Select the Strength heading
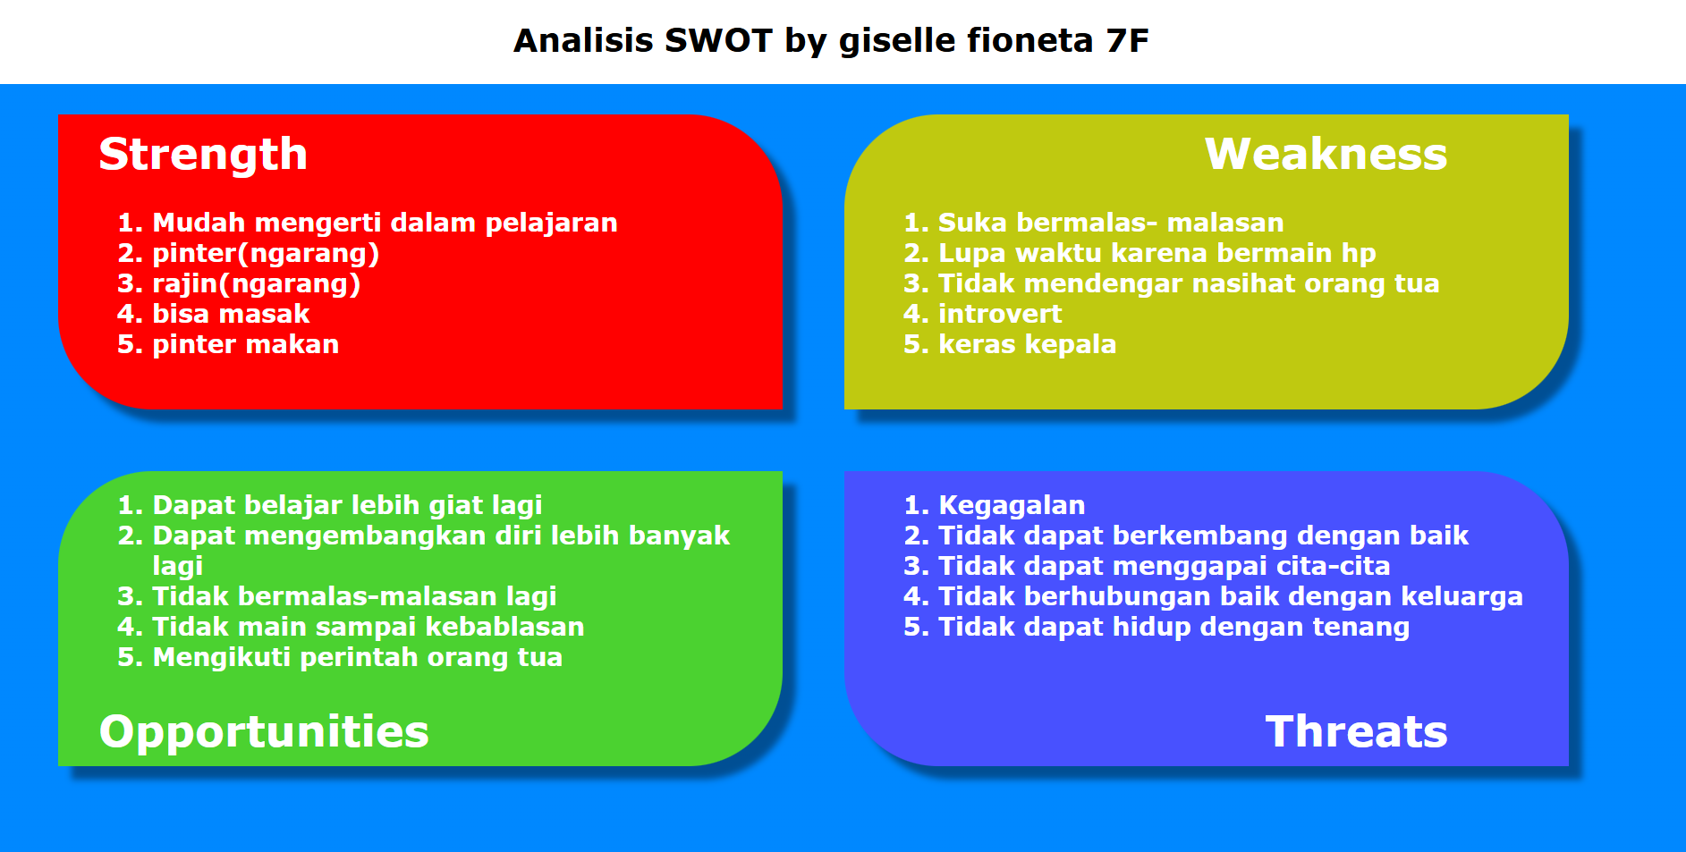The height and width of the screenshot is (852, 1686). click(x=203, y=154)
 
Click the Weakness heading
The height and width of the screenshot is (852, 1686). click(x=1326, y=154)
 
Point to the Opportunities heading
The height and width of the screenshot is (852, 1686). click(x=264, y=731)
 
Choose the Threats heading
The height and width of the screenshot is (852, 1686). click(x=1356, y=731)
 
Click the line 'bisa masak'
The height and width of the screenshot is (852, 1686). click(x=231, y=314)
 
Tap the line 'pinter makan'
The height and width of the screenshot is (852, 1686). click(x=245, y=344)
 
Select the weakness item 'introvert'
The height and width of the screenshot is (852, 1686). click(x=999, y=314)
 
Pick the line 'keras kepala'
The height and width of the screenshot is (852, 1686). click(x=1027, y=344)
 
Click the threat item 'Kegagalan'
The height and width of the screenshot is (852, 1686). click(x=1011, y=505)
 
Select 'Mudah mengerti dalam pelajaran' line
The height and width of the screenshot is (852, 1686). click(x=385, y=223)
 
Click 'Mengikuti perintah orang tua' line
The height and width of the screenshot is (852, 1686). click(x=357, y=657)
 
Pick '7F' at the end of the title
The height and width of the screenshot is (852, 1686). click(x=1127, y=41)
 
